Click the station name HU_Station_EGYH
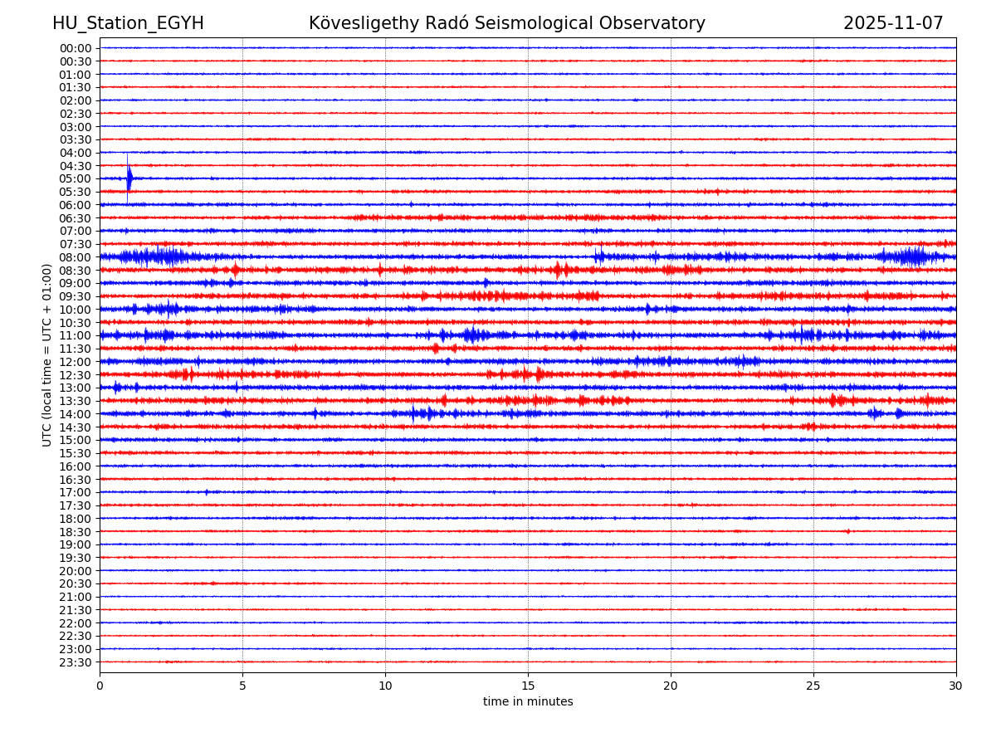pyautogui.click(x=128, y=23)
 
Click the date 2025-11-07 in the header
pyautogui.click(x=893, y=23)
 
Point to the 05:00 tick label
pyautogui.click(x=75, y=178)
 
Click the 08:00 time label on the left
pyautogui.click(x=75, y=257)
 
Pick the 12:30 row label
pyautogui.click(x=75, y=375)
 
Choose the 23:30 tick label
pyautogui.click(x=75, y=662)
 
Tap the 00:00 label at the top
pyautogui.click(x=75, y=48)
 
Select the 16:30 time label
pyautogui.click(x=75, y=480)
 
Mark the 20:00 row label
pyautogui.click(x=75, y=571)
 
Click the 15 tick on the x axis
pyautogui.click(x=528, y=686)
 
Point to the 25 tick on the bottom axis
pyautogui.click(x=813, y=686)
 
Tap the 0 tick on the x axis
pyautogui.click(x=100, y=686)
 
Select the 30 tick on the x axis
pyautogui.click(x=956, y=686)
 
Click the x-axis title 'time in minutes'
pyautogui.click(x=528, y=701)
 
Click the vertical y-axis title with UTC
pyautogui.click(x=47, y=354)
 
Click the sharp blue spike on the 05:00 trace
pyautogui.click(x=129, y=178)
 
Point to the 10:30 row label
pyautogui.click(x=75, y=323)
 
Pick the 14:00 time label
pyautogui.click(x=75, y=414)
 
